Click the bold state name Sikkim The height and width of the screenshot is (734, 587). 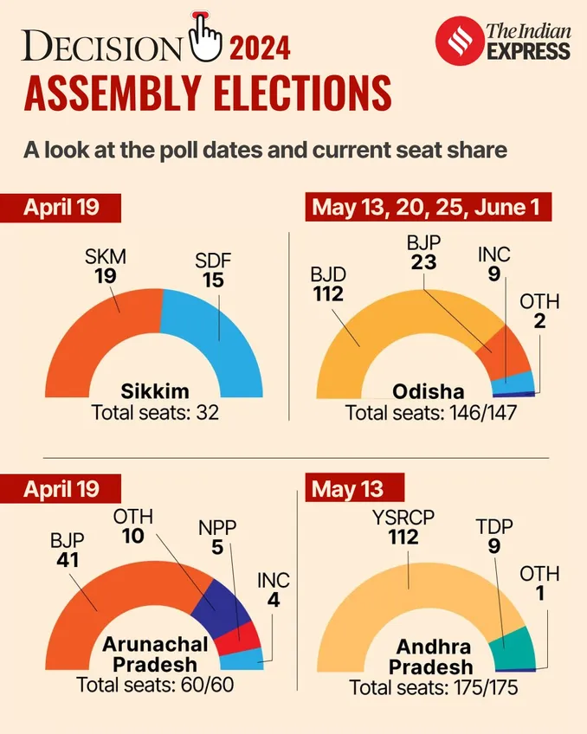point(156,390)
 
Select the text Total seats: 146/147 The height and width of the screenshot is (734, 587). point(431,412)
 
